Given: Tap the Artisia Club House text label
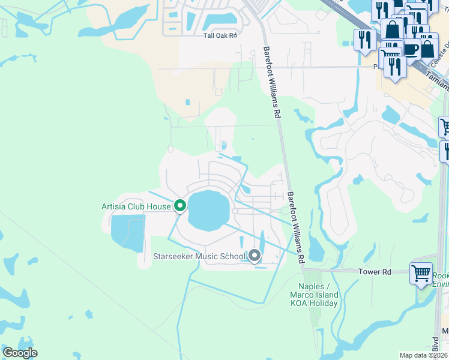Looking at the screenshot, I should coord(136,207).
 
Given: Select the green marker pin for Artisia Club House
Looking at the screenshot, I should coord(179,206).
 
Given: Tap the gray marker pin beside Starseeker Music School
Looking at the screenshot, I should coord(255,256).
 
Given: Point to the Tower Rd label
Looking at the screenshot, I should coord(375,272).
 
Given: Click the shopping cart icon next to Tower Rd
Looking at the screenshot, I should coord(420,273).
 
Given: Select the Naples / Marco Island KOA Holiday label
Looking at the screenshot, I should coord(314,295).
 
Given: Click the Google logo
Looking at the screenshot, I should coord(20,353).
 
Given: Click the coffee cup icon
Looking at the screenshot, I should coord(411,49).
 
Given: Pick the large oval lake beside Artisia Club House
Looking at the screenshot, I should coord(209,210).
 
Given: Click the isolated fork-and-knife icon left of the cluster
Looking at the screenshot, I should coord(364,40).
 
